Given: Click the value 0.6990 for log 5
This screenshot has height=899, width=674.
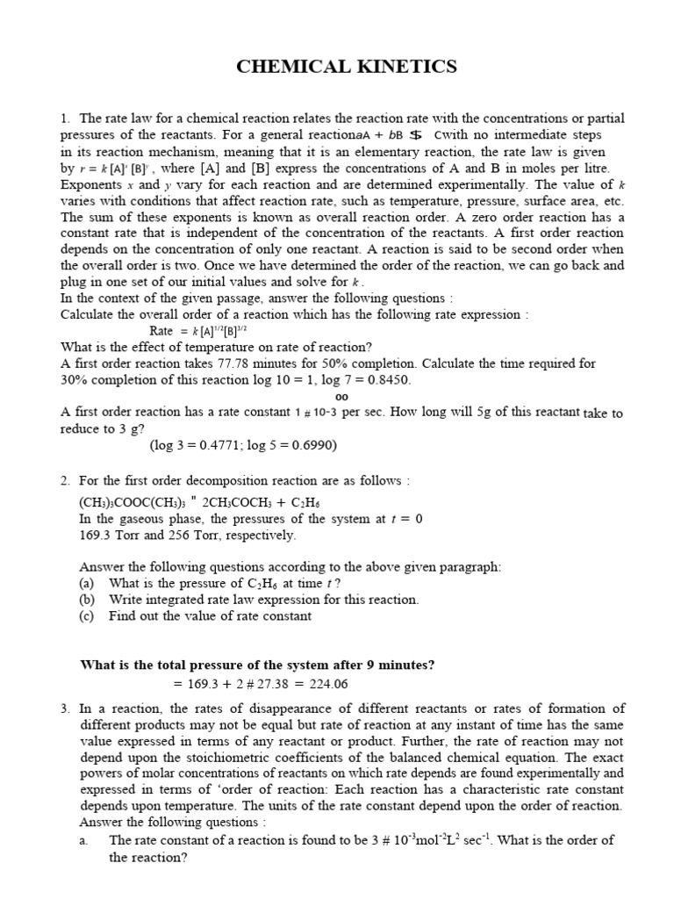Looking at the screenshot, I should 312,444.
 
